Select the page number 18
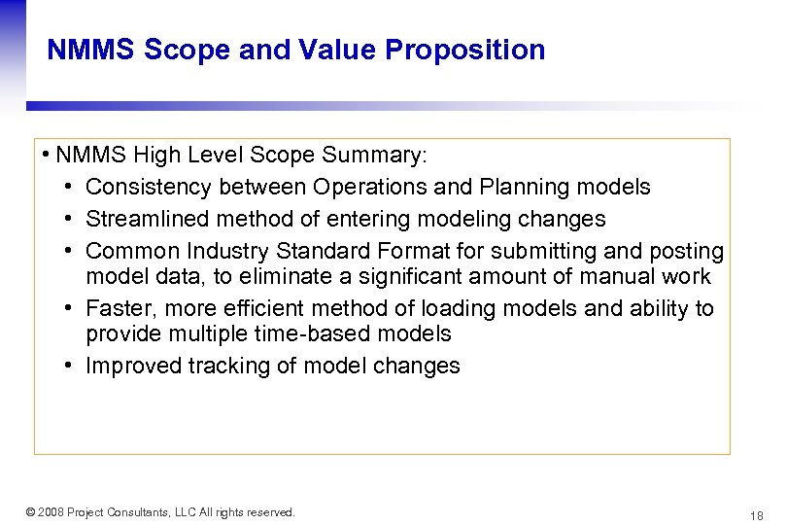coord(756,514)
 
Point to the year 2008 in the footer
coord(54,512)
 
